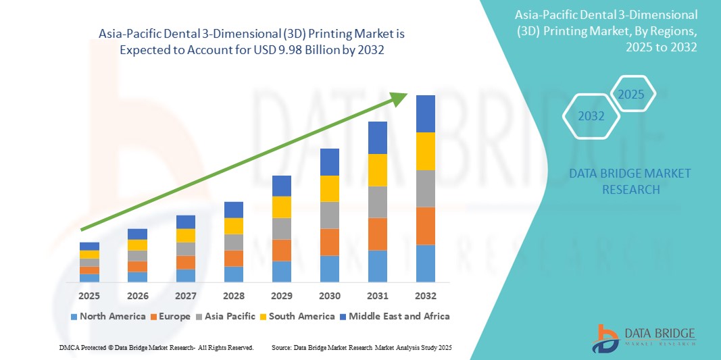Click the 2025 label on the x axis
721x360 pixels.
coord(89,296)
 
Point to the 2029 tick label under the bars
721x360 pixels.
coord(282,296)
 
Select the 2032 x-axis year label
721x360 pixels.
coord(426,296)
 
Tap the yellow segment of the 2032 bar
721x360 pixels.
coord(426,151)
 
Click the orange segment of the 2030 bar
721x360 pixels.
coord(330,242)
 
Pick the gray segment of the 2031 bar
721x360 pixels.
coord(378,202)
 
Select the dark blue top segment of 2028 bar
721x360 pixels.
coord(234,209)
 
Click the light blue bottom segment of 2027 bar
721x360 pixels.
coord(186,275)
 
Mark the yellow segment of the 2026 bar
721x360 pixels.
coord(137,245)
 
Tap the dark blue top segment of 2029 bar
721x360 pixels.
coord(282,186)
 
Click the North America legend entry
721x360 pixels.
coord(107,316)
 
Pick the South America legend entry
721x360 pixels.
coord(298,316)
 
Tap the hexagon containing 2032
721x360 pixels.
coord(591,116)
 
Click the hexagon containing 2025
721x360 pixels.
coord(632,94)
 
